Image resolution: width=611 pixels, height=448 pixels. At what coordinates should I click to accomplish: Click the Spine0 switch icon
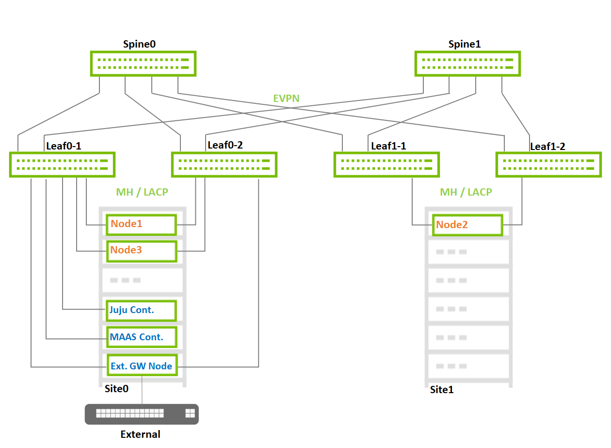[x=143, y=64]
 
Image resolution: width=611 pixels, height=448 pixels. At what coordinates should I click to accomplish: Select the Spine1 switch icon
[x=467, y=64]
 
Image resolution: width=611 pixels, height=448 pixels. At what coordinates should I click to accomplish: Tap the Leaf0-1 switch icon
[x=62, y=165]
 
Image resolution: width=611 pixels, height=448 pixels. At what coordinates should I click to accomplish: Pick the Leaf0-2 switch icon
[x=224, y=165]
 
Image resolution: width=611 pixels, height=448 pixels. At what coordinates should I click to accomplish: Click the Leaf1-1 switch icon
[x=386, y=165]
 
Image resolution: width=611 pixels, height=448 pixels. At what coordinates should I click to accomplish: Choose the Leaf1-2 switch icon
[x=548, y=165]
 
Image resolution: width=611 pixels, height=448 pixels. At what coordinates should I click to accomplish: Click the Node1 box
[x=141, y=224]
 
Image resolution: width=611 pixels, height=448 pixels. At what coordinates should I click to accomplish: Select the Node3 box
[x=141, y=251]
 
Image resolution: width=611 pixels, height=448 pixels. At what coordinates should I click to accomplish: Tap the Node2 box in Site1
[x=467, y=225]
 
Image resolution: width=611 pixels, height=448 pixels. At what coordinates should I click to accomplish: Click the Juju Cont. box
[x=141, y=310]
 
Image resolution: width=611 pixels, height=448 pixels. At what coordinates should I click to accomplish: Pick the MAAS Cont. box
[x=141, y=337]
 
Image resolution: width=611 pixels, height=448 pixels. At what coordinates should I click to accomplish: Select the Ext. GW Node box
[x=141, y=365]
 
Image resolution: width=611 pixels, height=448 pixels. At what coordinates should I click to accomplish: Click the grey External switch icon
[x=142, y=414]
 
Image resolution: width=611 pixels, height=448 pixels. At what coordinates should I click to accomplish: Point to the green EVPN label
[x=286, y=99]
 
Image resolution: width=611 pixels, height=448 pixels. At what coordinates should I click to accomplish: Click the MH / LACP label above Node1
[x=142, y=192]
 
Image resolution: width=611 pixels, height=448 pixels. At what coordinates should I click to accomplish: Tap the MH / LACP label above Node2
[x=466, y=192]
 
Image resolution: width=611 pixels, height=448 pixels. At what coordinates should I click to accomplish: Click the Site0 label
[x=117, y=389]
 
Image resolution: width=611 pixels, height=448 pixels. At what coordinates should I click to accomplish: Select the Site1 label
[x=442, y=389]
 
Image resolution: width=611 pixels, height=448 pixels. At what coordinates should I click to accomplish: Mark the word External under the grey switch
[x=140, y=434]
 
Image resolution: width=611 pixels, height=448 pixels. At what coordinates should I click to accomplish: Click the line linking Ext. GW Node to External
[x=142, y=390]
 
